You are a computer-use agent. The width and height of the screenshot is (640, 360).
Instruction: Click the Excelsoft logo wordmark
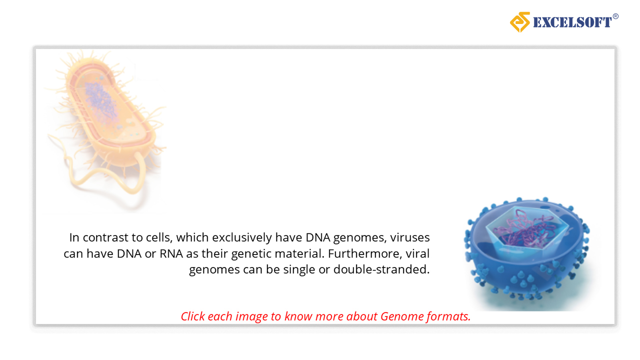(x=572, y=22)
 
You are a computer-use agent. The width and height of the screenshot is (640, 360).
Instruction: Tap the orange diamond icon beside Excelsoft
(x=520, y=22)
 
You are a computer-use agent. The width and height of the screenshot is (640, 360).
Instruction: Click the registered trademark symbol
(x=615, y=16)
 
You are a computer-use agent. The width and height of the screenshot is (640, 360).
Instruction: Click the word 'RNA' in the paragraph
(x=171, y=253)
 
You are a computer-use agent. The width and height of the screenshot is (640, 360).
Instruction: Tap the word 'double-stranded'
(x=381, y=269)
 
